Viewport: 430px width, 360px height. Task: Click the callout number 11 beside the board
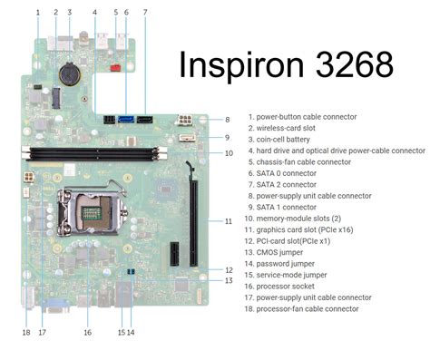[229, 220]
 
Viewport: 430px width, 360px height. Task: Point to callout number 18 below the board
[26, 332]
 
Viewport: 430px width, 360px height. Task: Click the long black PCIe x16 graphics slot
[193, 218]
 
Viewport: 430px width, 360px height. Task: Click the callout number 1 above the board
[38, 12]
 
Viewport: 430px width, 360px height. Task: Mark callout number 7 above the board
[144, 12]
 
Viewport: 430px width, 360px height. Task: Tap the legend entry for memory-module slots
[298, 218]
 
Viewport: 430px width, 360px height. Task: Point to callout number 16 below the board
[87, 332]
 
